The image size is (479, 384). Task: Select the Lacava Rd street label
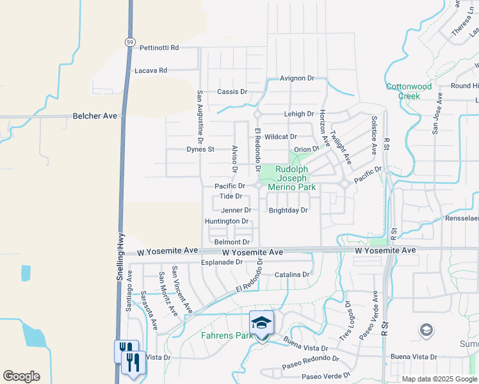tap(150, 70)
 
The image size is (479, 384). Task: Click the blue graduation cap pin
tap(261, 323)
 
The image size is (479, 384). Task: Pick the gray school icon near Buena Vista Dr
tap(426, 330)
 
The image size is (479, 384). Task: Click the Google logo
tap(21, 376)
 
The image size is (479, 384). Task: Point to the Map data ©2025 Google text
tap(439, 379)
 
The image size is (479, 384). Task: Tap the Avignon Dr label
tap(297, 78)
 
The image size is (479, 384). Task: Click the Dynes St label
tap(200, 149)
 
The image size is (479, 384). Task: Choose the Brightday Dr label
tap(288, 210)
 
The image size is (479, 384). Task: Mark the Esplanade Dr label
tap(222, 262)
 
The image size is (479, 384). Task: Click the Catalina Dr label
tap(292, 275)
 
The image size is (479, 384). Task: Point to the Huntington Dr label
tap(227, 221)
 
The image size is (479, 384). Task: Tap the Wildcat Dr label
tap(280, 136)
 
